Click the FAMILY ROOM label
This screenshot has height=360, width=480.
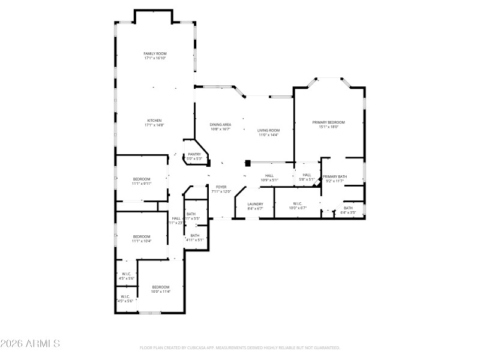[154, 54]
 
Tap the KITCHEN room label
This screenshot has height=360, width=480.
[154, 121]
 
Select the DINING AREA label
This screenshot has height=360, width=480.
[220, 124]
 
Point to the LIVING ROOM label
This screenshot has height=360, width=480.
[269, 130]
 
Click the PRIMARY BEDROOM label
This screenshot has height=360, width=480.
[328, 122]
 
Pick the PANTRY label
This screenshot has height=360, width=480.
[194, 154]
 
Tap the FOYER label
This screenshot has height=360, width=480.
[221, 187]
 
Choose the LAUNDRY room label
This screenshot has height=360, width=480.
[256, 204]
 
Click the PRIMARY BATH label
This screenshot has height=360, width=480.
[334, 176]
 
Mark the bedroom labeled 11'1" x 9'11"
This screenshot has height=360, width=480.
[142, 179]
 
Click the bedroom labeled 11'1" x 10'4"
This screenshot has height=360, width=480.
[142, 236]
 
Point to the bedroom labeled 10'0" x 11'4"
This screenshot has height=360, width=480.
[160, 287]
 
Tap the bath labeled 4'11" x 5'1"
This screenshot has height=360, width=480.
[195, 235]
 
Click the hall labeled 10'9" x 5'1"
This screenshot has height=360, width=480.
[269, 176]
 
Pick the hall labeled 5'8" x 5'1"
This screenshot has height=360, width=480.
[307, 175]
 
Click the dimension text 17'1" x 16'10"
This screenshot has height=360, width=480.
[154, 58]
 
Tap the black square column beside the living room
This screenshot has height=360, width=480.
[248, 162]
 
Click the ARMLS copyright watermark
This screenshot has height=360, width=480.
[30, 344]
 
